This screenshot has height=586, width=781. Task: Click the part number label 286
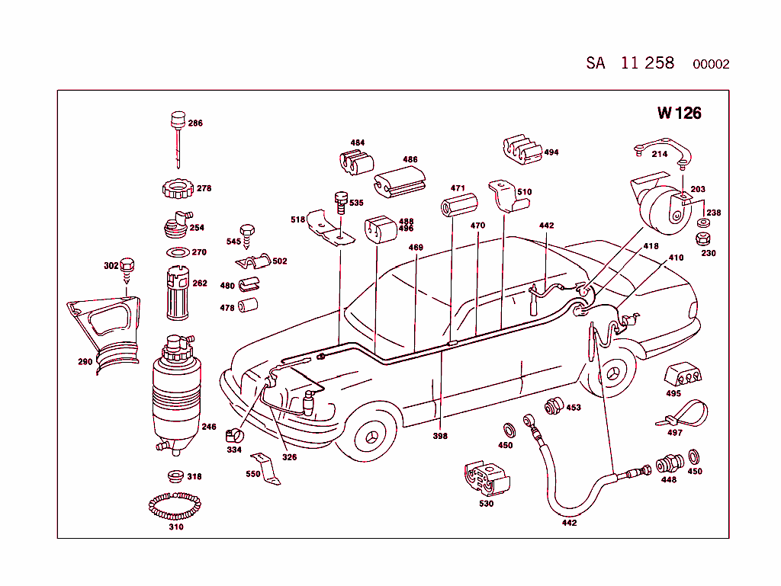195,123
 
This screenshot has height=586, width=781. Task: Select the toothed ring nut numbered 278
177,187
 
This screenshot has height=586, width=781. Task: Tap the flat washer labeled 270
177,252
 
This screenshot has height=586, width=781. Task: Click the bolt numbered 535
340,202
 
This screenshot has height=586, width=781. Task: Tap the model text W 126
679,114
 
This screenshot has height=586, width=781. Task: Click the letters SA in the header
595,63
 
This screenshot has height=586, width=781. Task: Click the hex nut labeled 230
703,239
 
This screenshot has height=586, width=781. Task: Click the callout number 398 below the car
440,436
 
